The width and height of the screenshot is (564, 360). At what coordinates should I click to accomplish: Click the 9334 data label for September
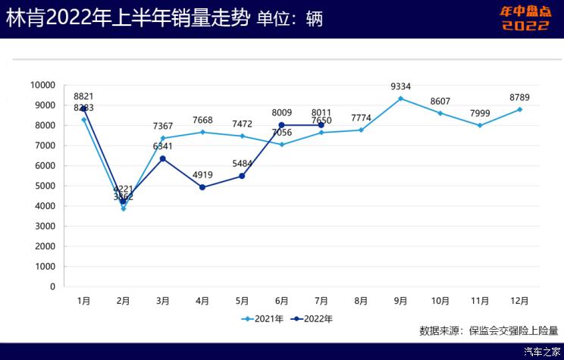click(400, 86)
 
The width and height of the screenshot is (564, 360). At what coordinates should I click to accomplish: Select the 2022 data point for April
click(202, 187)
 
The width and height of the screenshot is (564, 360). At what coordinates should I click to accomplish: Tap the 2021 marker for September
click(400, 99)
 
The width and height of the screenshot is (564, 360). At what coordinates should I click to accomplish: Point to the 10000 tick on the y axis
click(42, 85)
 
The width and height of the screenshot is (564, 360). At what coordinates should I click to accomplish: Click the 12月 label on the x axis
click(519, 301)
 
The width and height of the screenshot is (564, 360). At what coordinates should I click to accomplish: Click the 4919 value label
click(202, 175)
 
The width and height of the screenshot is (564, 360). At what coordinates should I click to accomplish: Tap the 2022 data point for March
click(163, 158)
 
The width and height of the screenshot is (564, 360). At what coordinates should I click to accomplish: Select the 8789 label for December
click(519, 97)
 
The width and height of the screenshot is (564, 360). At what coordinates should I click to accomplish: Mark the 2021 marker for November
click(480, 125)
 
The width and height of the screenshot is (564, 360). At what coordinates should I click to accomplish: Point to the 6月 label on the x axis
click(281, 301)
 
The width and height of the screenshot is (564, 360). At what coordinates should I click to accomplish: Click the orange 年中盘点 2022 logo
click(525, 19)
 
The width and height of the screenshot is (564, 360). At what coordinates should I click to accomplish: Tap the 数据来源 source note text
click(488, 330)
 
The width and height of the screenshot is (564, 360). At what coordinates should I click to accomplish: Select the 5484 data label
click(242, 164)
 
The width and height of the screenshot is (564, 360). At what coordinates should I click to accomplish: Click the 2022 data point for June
click(281, 125)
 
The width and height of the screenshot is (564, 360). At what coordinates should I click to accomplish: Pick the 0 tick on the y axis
click(52, 286)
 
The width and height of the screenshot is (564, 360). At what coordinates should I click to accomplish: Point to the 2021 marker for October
click(440, 113)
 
